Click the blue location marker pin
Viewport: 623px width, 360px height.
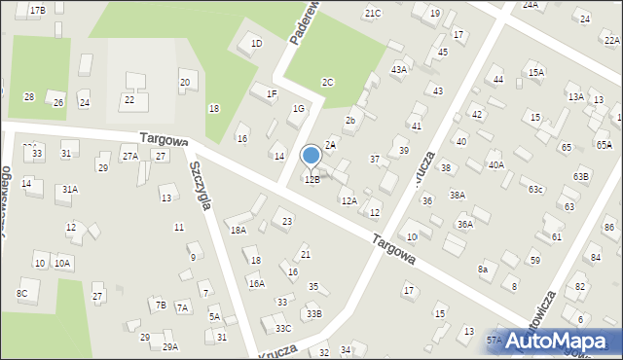coord(311,156)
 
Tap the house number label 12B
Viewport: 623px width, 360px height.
coord(311,179)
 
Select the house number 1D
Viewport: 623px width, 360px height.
coord(257,43)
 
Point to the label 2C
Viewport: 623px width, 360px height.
coord(328,83)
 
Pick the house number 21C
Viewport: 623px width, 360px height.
coord(373,13)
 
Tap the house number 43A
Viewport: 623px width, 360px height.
coord(398,70)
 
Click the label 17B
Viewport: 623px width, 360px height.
coord(37,10)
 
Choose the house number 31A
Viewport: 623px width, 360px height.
coord(69,190)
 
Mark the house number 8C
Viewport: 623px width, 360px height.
coord(21,292)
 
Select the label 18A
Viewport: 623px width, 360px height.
coord(238,231)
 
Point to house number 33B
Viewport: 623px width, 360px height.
coord(313,313)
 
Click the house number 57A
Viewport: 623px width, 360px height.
coord(495,340)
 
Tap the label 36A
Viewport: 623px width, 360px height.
coord(465,225)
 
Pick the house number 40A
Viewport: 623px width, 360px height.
coord(496,165)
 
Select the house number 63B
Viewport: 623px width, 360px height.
coord(581,176)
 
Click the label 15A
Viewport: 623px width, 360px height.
coord(535,72)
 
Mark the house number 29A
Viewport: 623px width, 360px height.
coord(169,347)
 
